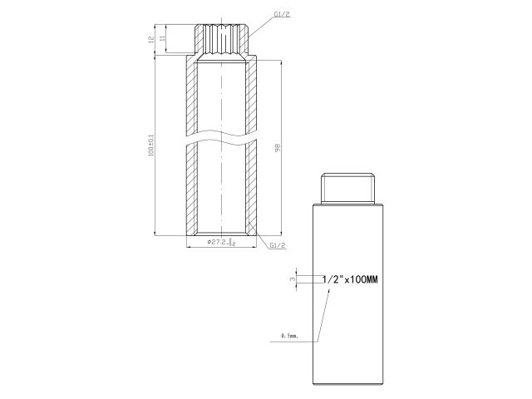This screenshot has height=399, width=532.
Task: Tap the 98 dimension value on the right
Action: [277, 147]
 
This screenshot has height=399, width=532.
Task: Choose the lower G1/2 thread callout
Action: [278, 246]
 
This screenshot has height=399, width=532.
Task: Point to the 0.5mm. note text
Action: [290, 337]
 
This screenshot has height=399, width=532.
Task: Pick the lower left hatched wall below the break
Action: [192, 191]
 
